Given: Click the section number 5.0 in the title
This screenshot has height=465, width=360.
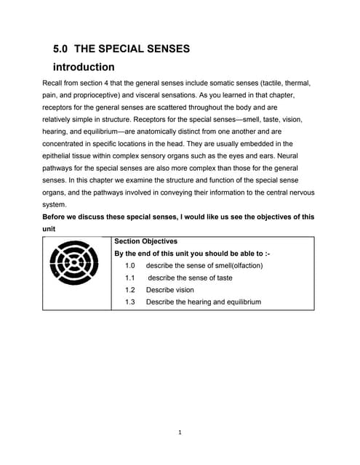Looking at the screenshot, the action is pos(61,49).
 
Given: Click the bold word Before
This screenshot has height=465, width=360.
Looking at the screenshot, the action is pos(57,217).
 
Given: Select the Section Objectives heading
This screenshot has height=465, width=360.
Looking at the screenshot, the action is pos(145,241).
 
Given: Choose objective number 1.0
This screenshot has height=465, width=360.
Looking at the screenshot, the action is pos(130,266).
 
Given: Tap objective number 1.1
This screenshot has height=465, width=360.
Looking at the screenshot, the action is pos(130,278).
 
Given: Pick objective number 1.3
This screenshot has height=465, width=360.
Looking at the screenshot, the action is pos(130,302).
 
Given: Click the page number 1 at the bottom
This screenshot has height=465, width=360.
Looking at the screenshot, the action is pos(180,433).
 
